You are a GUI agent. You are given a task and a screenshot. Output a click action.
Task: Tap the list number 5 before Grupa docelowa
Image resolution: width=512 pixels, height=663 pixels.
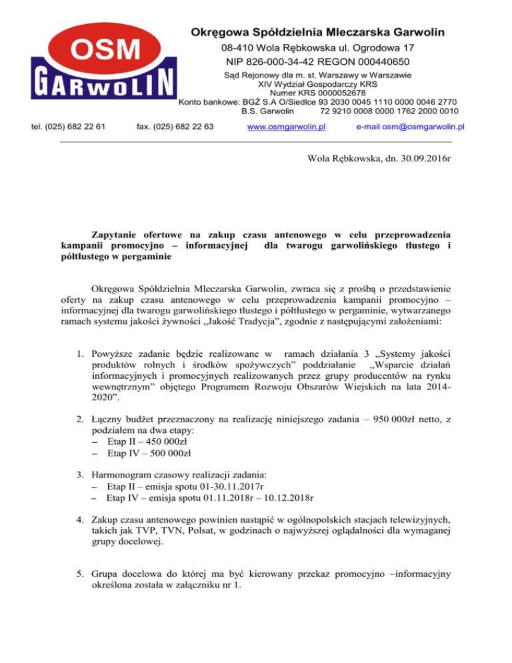[79, 594]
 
